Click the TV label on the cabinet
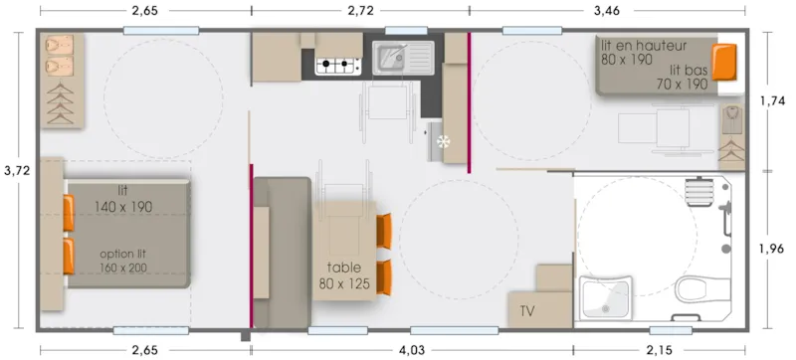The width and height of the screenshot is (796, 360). (x=527, y=311)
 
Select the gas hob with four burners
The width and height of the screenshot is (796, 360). (x=337, y=67)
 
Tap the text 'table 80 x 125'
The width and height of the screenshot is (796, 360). (x=344, y=275)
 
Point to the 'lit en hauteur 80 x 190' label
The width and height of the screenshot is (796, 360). (x=643, y=52)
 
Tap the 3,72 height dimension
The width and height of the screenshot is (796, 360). (x=16, y=170)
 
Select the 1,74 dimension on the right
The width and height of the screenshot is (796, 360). (x=773, y=101)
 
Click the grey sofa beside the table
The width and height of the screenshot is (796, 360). (x=282, y=251)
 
